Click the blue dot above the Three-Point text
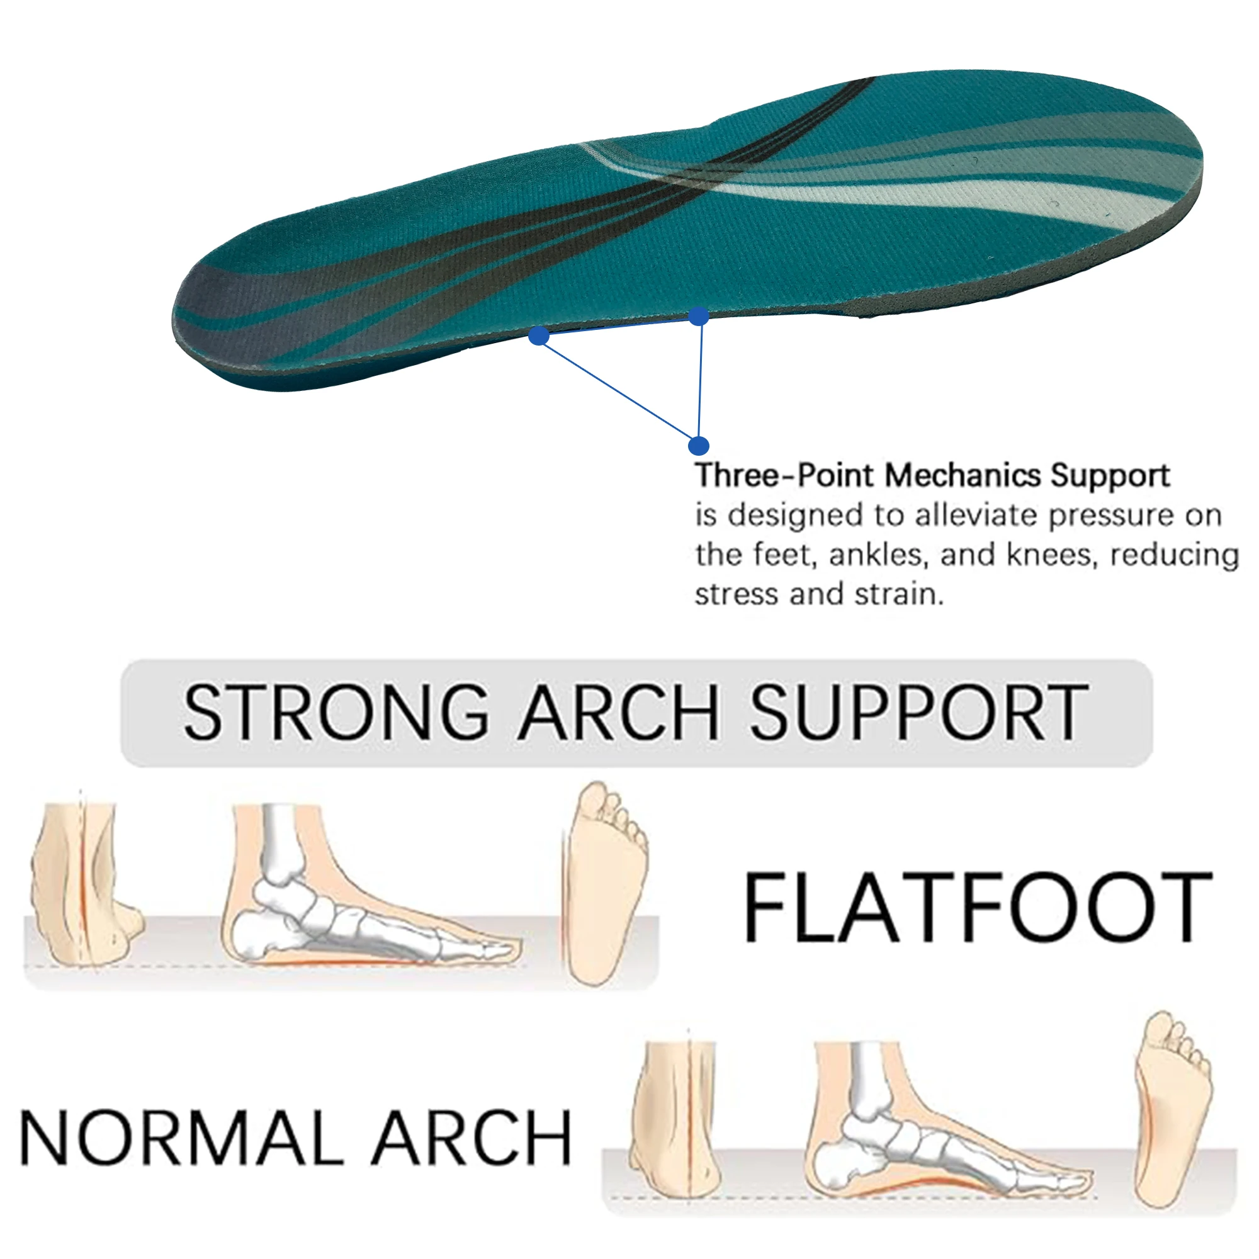pos(698,446)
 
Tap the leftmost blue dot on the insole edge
pos(538,336)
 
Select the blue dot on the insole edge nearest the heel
pos(698,317)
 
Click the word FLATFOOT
pos(977,908)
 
